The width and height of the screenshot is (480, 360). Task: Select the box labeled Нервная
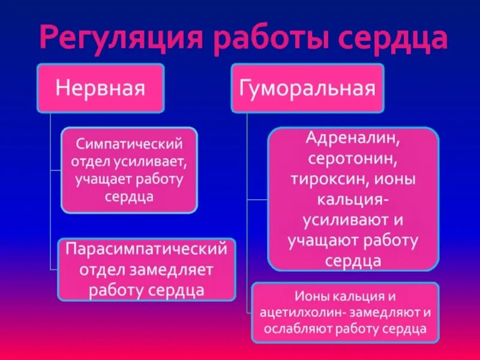100,88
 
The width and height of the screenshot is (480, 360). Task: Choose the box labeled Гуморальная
307,88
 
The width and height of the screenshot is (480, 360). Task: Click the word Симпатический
129,145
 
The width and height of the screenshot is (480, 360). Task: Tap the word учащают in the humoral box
323,241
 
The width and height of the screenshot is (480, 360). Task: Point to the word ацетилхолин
299,313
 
